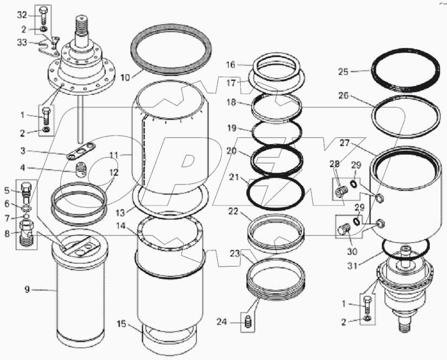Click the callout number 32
click(21, 14)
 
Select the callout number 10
click(125, 78)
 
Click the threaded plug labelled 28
click(341, 192)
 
